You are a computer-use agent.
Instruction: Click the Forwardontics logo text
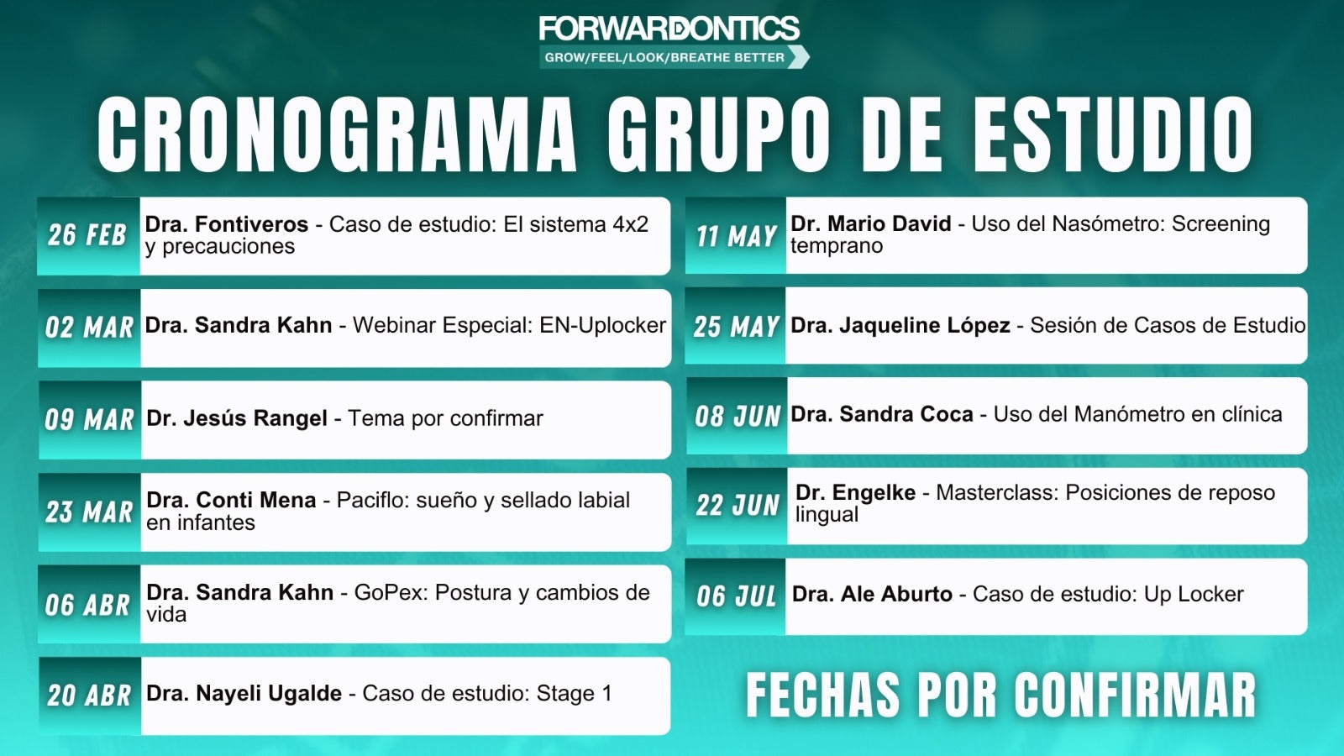pos(669,29)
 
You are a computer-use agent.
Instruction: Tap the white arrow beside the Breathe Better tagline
pos(799,57)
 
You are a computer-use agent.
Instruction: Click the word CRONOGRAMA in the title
pos(337,134)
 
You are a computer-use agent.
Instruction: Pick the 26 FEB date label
pos(87,234)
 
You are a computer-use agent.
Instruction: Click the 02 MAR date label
pos(89,328)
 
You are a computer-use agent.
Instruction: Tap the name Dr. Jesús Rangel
pos(237,418)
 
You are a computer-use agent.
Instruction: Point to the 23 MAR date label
pos(89,512)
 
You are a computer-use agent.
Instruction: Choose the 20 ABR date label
pos(89,696)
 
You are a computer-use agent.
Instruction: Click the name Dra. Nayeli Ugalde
pos(244,694)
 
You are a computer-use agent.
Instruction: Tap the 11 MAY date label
pos(737,236)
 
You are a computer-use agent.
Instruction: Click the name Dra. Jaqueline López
pos(900,325)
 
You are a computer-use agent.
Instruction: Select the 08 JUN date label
pos(738,417)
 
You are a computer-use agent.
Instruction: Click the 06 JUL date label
pos(736,596)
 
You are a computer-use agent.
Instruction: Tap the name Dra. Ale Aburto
pos(872,595)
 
